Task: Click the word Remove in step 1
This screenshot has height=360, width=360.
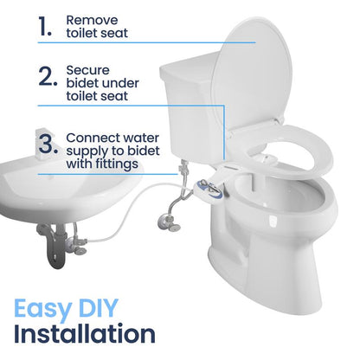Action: coord(90,19)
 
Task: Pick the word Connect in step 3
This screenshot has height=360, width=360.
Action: coord(93,136)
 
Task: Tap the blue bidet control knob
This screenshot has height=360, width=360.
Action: coord(207,183)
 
